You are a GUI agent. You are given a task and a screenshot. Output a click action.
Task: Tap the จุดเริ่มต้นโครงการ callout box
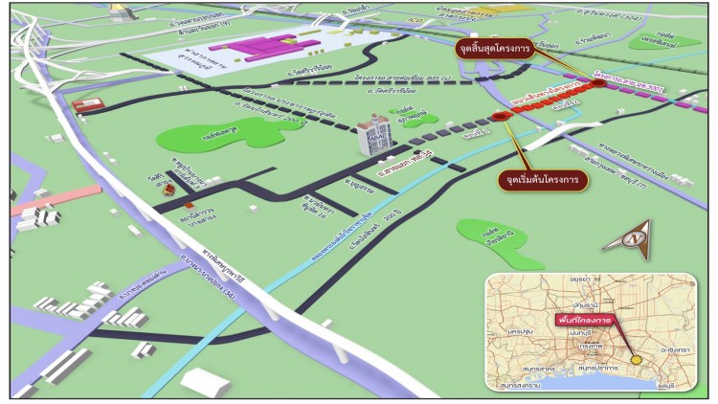pos(543,178)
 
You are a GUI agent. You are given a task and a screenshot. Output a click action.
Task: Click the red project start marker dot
pos(499,116)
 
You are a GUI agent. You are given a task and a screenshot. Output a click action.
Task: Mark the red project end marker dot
pos(599,83)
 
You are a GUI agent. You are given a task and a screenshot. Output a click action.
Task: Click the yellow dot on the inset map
pos(637,360)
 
